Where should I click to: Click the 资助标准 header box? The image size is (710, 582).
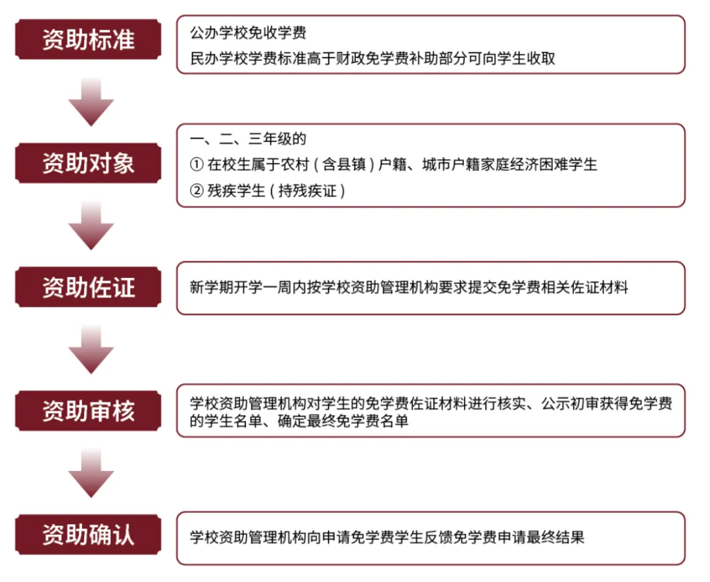(x=88, y=39)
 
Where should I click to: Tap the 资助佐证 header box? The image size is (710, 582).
(x=88, y=288)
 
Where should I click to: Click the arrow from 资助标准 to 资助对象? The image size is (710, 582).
(x=91, y=101)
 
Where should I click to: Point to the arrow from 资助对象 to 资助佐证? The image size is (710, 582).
(x=91, y=225)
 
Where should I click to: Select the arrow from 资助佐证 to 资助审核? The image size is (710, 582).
(x=91, y=349)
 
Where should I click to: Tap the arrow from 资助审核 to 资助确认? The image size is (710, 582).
(x=91, y=474)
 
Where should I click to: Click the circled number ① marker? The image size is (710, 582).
(x=196, y=164)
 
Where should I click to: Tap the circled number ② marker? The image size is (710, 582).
(x=196, y=191)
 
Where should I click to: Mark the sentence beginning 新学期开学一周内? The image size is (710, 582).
(x=408, y=287)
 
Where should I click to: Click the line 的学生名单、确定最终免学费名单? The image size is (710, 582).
(x=298, y=421)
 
